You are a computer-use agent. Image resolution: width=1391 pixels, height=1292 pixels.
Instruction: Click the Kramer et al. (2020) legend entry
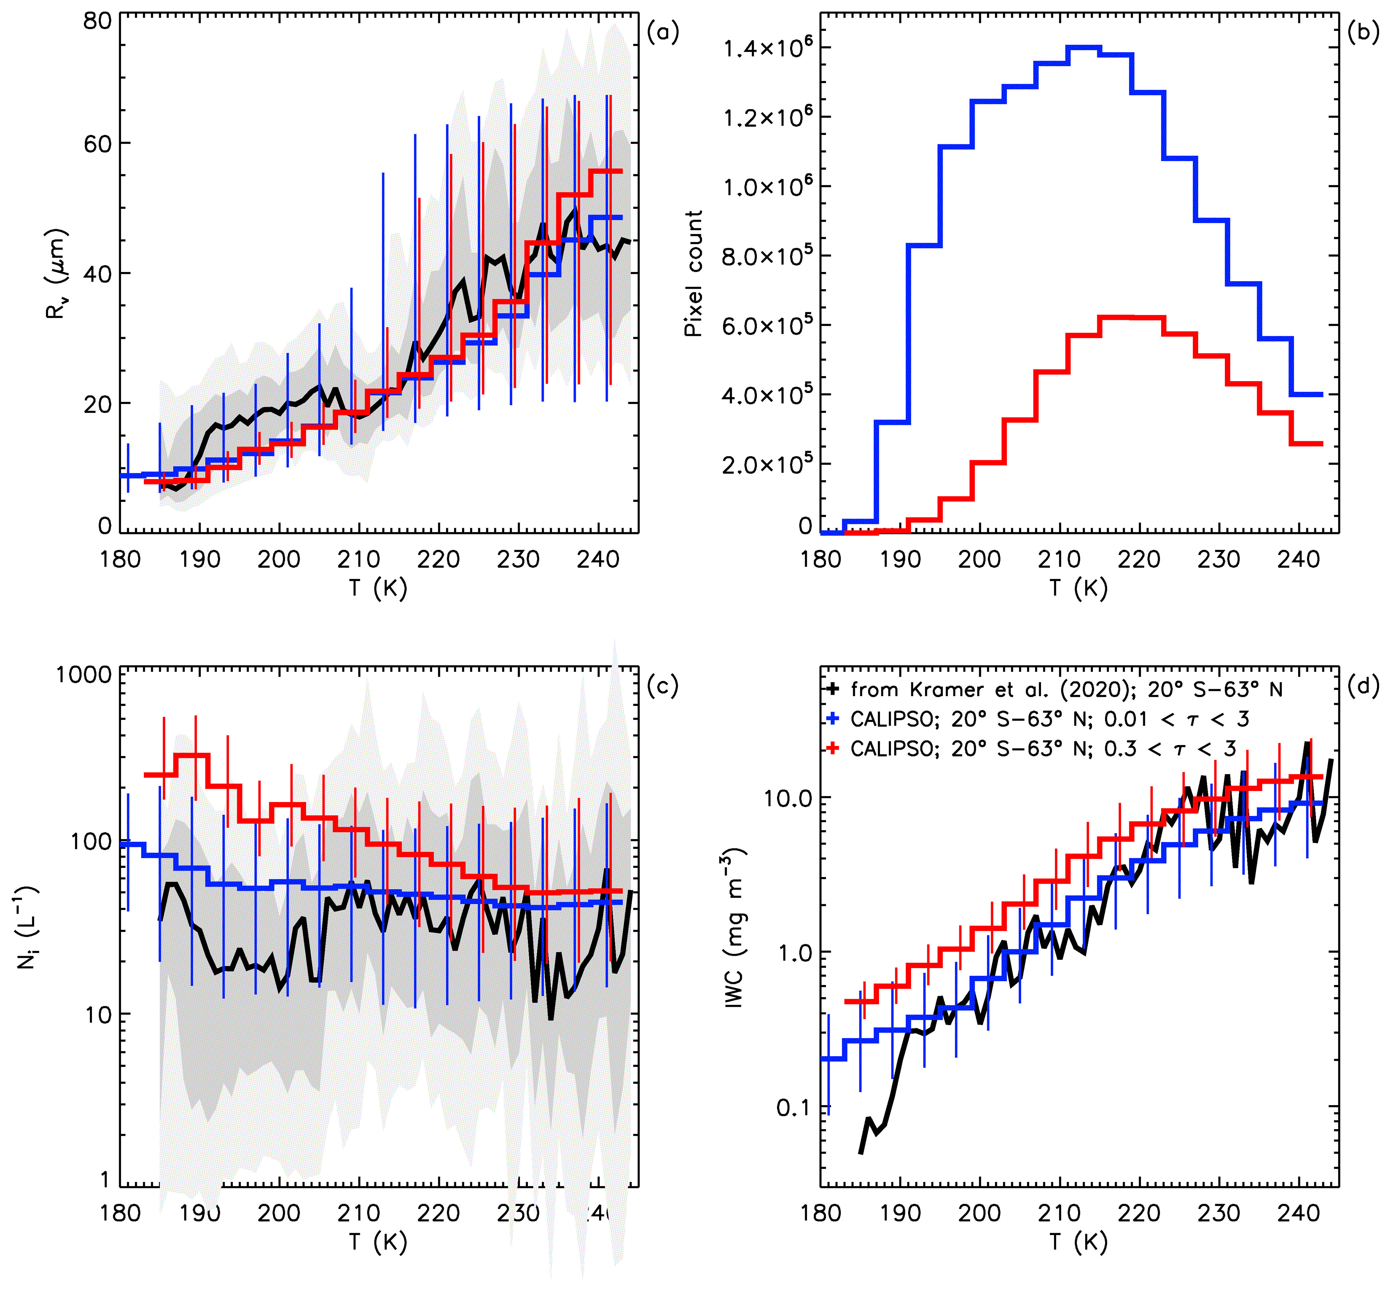(1066, 690)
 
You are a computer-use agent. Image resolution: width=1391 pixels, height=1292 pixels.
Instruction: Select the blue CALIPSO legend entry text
(1049, 719)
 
